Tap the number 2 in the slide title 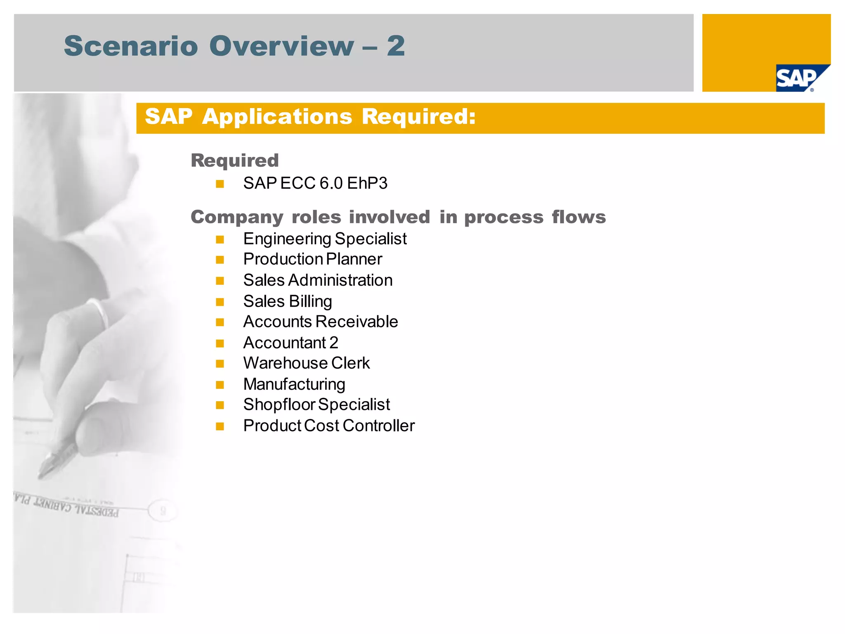click(x=396, y=46)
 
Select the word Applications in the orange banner click(x=277, y=117)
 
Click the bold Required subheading click(x=235, y=161)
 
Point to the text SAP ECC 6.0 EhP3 click(x=315, y=183)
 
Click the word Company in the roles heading click(x=237, y=217)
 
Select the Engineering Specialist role click(x=325, y=239)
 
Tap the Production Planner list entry click(x=312, y=259)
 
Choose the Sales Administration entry click(x=318, y=280)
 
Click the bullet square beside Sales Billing click(x=220, y=302)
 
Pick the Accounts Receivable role click(x=321, y=322)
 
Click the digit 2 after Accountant click(x=334, y=343)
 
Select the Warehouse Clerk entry click(x=307, y=363)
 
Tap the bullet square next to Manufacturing click(x=220, y=385)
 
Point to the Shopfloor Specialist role click(x=316, y=405)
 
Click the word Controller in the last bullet click(x=378, y=426)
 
